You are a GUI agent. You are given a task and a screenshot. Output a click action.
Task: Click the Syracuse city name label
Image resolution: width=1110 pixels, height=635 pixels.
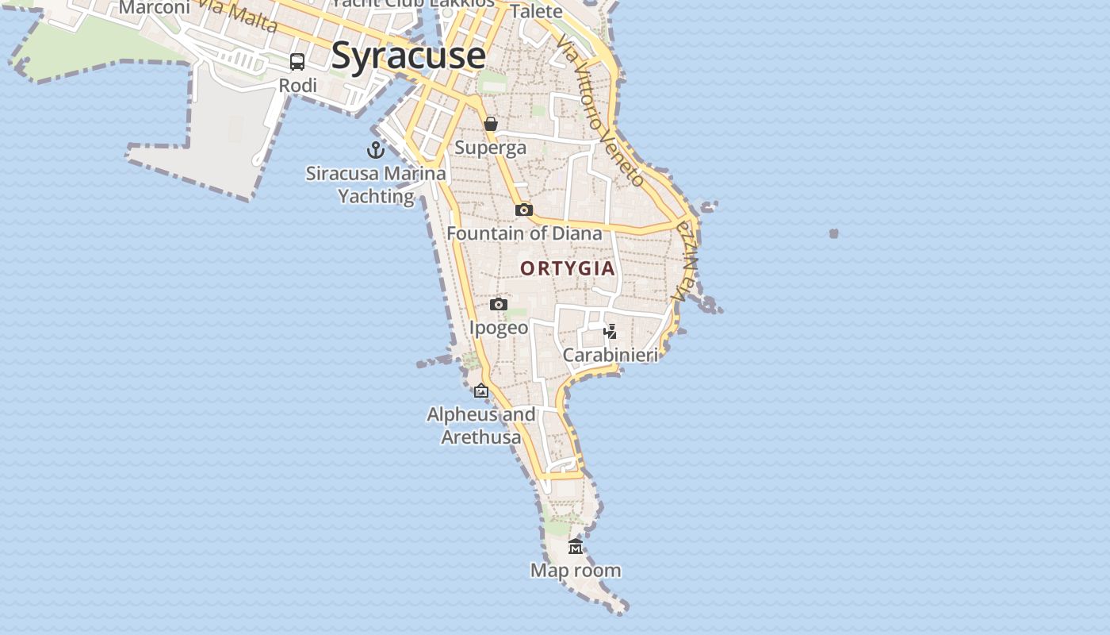pos(408,56)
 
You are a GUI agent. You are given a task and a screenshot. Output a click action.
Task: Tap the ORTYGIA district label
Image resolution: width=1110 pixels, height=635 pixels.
pos(568,268)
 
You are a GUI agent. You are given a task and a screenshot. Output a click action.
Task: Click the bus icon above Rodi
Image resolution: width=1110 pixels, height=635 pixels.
pos(297,62)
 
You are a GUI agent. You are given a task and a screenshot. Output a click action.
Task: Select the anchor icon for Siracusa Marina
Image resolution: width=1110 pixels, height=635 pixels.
pos(376,149)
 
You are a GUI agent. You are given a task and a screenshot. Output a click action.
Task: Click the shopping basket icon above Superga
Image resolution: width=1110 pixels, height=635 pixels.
pos(491,124)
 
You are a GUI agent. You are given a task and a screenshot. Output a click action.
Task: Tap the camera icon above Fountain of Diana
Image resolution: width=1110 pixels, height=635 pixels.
pos(524,210)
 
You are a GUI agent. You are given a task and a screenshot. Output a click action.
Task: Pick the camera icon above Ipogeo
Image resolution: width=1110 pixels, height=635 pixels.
pos(499,304)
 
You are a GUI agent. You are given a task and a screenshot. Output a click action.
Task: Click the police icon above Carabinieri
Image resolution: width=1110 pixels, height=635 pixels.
pos(610,331)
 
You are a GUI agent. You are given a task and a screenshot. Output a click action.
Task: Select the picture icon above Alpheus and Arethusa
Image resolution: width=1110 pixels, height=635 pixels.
pos(481,391)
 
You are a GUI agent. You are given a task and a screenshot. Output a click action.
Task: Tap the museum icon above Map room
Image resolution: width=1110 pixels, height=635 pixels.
pos(576,547)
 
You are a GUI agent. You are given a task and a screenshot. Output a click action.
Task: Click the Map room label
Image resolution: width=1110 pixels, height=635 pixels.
pos(576,571)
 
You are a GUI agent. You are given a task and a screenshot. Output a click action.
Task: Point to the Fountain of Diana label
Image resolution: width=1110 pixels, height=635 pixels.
pos(524,233)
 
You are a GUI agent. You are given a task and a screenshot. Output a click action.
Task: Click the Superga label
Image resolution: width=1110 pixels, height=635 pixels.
pos(490,148)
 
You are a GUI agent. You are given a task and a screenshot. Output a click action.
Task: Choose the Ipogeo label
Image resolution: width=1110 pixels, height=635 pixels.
pos(499,328)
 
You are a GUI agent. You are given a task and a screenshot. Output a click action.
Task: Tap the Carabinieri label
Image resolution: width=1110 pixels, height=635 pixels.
pos(610,355)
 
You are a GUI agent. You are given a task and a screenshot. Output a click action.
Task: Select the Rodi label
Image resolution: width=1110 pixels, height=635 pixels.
pos(298,86)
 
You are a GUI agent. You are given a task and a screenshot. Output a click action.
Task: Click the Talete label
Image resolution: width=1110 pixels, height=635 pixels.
pos(537,11)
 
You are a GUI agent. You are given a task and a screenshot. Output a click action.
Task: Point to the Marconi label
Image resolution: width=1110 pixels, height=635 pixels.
pos(155,8)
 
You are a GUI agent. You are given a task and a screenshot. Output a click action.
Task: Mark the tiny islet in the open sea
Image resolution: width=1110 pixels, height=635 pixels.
pos(833,233)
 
